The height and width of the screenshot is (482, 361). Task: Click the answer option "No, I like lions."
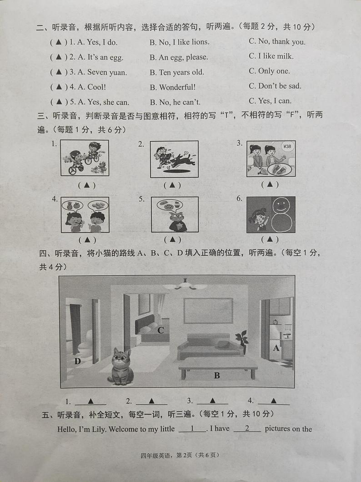tap(180, 42)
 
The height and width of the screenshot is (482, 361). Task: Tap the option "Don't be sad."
tap(275, 86)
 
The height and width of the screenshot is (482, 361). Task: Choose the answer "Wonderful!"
tap(173, 87)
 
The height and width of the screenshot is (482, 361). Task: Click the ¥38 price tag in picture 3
tap(286, 147)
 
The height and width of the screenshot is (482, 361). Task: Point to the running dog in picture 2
tap(182, 160)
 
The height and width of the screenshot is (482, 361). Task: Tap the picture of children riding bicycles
tap(85, 158)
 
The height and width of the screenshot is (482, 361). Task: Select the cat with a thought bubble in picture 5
tap(175, 220)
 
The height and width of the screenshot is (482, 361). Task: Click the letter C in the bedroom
tap(160, 330)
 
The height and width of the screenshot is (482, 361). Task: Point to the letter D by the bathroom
tap(78, 361)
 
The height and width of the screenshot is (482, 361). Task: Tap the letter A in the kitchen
tap(276, 348)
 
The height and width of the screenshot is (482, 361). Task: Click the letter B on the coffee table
tap(217, 375)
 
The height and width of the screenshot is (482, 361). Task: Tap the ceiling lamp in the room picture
tap(185, 285)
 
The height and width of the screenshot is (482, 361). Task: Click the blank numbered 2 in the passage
tap(247, 429)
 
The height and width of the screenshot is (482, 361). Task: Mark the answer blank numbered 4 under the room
tap(273, 401)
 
